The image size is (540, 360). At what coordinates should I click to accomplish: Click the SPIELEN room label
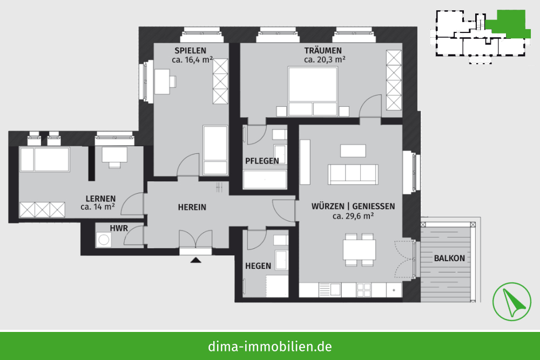coord(190,51)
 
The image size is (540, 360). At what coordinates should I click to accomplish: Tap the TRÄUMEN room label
coord(323,51)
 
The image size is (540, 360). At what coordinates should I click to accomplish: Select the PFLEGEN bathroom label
coord(262,161)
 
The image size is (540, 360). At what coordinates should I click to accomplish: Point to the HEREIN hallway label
coord(192,207)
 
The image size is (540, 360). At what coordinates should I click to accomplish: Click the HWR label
coord(119,228)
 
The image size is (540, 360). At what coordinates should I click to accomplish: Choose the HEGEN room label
coord(258,266)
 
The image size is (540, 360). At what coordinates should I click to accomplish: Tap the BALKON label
coord(449,258)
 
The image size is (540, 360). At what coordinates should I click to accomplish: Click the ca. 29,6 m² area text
coord(353,216)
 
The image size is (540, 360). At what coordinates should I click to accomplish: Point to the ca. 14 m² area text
coord(97,207)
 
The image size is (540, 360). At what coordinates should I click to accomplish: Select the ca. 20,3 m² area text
coord(325,59)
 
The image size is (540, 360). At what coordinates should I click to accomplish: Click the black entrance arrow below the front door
coord(195,260)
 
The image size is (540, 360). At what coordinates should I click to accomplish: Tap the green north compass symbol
coord(512,302)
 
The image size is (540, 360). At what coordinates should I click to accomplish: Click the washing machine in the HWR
coord(103,240)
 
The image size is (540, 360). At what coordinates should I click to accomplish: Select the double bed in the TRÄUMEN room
coord(313,92)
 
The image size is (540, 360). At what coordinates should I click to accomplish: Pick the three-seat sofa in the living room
coord(353,174)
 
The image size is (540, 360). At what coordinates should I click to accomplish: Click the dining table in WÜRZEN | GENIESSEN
coord(359,250)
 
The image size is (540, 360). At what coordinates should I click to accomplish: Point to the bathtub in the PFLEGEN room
coord(265,179)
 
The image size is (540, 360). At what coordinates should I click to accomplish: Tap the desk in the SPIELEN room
coord(162,81)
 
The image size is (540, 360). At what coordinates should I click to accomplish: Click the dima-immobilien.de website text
coord(270,346)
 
